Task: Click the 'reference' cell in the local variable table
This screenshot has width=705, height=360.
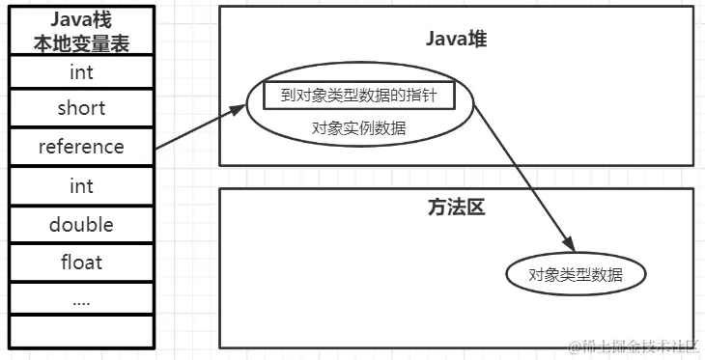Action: click(x=81, y=148)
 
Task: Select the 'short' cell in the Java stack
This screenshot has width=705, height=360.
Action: click(x=81, y=109)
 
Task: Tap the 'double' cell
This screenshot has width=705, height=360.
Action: click(x=81, y=225)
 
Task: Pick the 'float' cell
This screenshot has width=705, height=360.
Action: click(x=81, y=263)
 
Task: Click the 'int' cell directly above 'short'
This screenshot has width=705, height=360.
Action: click(x=81, y=72)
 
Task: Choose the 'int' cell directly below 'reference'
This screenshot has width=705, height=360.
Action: click(x=81, y=186)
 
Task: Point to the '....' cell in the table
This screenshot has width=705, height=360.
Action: click(x=81, y=300)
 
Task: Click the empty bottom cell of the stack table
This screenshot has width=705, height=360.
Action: click(x=81, y=331)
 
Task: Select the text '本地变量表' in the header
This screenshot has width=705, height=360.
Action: click(x=81, y=42)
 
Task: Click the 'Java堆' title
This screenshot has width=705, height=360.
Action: click(x=455, y=38)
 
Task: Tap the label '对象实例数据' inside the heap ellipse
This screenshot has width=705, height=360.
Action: click(x=358, y=127)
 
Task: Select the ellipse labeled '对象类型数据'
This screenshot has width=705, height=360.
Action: click(x=576, y=275)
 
